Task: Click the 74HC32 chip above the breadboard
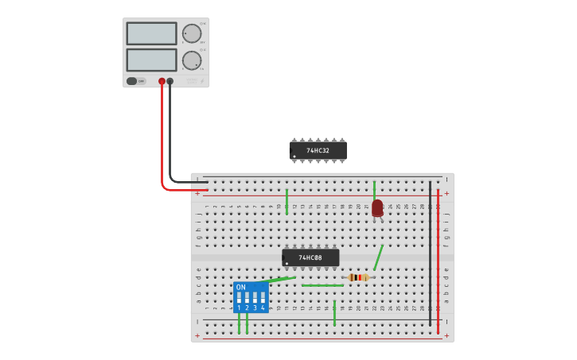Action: click(x=318, y=150)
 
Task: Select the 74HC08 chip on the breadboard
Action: click(x=310, y=257)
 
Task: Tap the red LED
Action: click(x=377, y=207)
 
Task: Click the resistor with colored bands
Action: click(x=359, y=277)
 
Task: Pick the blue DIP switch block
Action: click(x=251, y=297)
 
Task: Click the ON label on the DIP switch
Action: click(x=240, y=288)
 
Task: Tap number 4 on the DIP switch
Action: click(x=263, y=308)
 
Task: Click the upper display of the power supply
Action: click(x=151, y=33)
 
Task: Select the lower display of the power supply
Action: click(x=151, y=60)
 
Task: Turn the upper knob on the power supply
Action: click(x=192, y=33)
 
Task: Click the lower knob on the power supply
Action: click(x=192, y=60)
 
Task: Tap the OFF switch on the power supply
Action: click(x=136, y=81)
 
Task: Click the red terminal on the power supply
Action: click(x=162, y=81)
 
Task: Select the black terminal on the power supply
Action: click(x=170, y=81)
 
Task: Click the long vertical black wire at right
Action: click(x=430, y=254)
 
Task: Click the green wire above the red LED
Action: click(x=374, y=189)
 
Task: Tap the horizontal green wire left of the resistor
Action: click(x=322, y=285)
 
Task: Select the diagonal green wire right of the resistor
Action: click(x=379, y=257)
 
